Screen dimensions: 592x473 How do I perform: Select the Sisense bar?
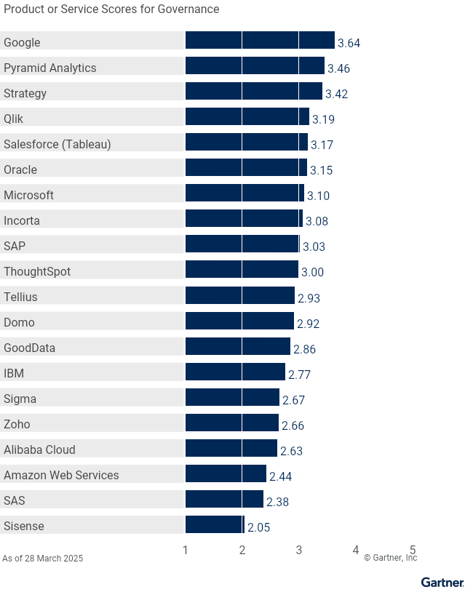click(215, 524)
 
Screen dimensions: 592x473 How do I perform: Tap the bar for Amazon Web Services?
click(226, 473)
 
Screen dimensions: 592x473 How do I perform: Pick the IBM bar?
click(235, 372)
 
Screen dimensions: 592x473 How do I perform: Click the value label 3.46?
click(339, 68)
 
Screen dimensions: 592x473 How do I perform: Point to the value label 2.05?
click(258, 527)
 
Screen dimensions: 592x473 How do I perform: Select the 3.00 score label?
click(312, 272)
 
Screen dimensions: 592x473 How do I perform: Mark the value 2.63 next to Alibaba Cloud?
click(291, 451)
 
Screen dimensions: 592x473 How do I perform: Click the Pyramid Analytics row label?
click(50, 68)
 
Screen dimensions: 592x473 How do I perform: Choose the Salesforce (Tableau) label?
click(57, 144)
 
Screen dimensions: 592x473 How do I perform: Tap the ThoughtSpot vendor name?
click(37, 271)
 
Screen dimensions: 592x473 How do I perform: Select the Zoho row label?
click(17, 424)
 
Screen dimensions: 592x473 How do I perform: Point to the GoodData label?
click(29, 348)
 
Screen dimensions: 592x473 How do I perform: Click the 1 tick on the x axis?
click(186, 551)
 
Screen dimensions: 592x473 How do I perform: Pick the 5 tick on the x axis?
click(413, 551)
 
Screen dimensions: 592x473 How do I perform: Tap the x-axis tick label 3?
click(299, 551)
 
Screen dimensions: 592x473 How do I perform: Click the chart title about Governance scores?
click(111, 9)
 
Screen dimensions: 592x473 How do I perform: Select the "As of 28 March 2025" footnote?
click(43, 559)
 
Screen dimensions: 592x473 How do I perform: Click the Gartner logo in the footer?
click(442, 582)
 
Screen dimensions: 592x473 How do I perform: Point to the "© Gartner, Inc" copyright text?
click(391, 558)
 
